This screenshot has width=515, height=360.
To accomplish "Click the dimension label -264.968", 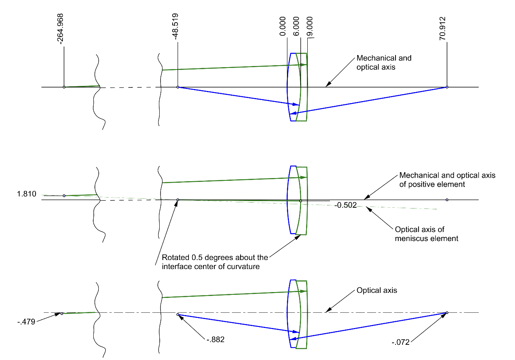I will click(x=60, y=29).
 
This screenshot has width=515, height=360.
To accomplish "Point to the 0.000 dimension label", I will click(x=283, y=27).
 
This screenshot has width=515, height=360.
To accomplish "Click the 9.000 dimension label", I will click(x=309, y=27).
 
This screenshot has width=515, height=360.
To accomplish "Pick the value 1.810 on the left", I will click(x=27, y=194).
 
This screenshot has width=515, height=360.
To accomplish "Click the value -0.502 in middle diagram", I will click(x=346, y=205).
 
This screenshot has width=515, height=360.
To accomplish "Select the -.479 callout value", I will click(x=26, y=322).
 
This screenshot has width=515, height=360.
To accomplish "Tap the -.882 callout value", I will click(x=216, y=339).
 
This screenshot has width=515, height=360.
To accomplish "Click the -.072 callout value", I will click(x=401, y=342).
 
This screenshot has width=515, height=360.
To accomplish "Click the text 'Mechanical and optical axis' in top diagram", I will click(x=384, y=62).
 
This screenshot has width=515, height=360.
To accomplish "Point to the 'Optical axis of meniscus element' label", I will click(x=426, y=234).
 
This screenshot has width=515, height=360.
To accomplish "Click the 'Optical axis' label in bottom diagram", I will click(x=377, y=290).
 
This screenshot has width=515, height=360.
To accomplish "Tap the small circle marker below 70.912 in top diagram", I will click(x=447, y=87).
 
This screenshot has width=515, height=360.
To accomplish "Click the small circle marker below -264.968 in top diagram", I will click(x=64, y=87).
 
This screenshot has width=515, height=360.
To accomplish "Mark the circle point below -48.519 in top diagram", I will click(x=178, y=87).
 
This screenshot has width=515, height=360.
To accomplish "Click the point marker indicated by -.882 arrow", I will click(x=178, y=314).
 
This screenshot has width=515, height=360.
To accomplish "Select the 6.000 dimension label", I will click(x=296, y=27).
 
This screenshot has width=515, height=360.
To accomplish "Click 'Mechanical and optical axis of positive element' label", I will click(x=447, y=180).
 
